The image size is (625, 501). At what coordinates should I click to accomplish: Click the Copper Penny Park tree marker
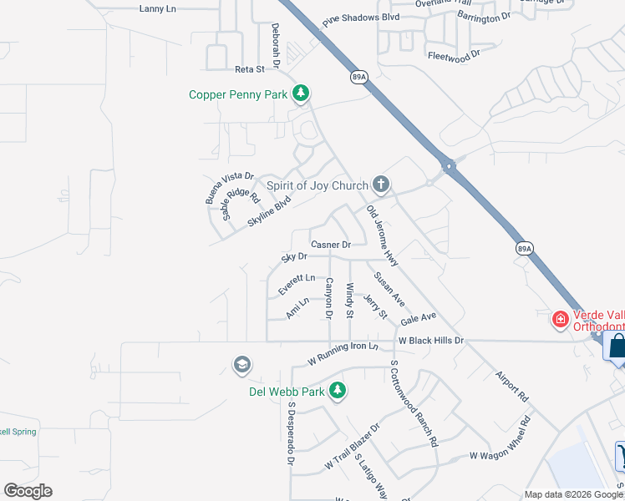tap(301, 94)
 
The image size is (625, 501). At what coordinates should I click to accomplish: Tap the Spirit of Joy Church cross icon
tap(381, 185)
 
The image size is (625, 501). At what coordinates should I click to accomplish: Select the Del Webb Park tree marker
tap(338, 390)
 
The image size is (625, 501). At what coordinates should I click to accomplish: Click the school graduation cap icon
tap(242, 365)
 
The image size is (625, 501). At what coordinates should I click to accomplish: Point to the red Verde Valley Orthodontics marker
tap(559, 319)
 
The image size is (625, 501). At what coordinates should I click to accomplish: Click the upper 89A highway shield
tap(358, 77)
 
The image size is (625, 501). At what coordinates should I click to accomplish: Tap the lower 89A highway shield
tap(523, 249)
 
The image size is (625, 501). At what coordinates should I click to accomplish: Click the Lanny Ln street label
tap(158, 8)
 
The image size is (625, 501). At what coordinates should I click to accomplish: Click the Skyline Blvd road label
tap(270, 212)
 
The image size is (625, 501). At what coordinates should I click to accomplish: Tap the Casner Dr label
tap(331, 245)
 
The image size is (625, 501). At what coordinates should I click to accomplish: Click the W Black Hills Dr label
tap(430, 341)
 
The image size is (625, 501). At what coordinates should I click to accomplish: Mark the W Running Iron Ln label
tap(343, 354)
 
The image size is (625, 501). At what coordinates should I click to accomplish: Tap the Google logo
tap(28, 491)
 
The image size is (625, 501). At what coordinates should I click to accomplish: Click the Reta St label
tap(249, 69)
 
